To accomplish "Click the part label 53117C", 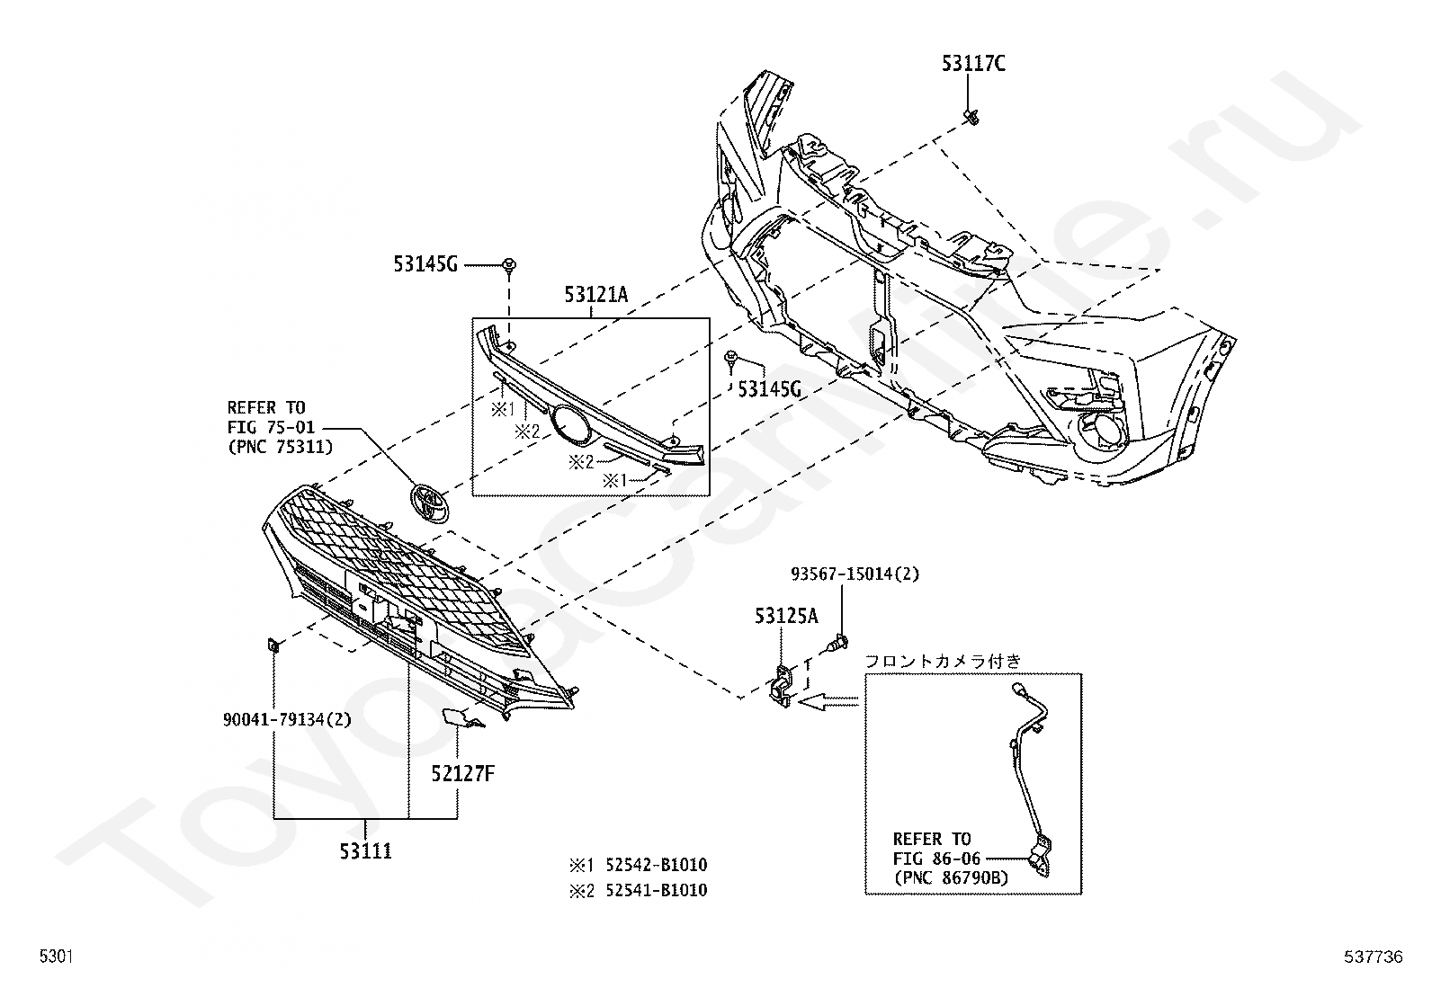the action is (x=973, y=63).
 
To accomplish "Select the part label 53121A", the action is (x=595, y=295).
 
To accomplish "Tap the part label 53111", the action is (x=366, y=851).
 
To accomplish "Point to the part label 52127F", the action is (x=463, y=774).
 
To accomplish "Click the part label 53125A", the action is (x=786, y=616).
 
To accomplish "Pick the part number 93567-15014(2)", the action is (x=855, y=574).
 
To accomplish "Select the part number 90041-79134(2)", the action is (x=287, y=719).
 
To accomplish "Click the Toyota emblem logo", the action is (x=430, y=503).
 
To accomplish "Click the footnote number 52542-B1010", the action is (x=657, y=866).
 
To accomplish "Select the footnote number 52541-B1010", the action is (x=657, y=890).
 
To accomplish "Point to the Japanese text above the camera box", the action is (x=943, y=661).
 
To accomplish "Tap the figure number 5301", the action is (x=57, y=956).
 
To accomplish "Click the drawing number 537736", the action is (x=1374, y=957).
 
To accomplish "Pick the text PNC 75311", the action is (x=281, y=447).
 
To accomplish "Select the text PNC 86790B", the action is (x=951, y=878).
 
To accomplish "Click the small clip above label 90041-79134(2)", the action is (x=273, y=646).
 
